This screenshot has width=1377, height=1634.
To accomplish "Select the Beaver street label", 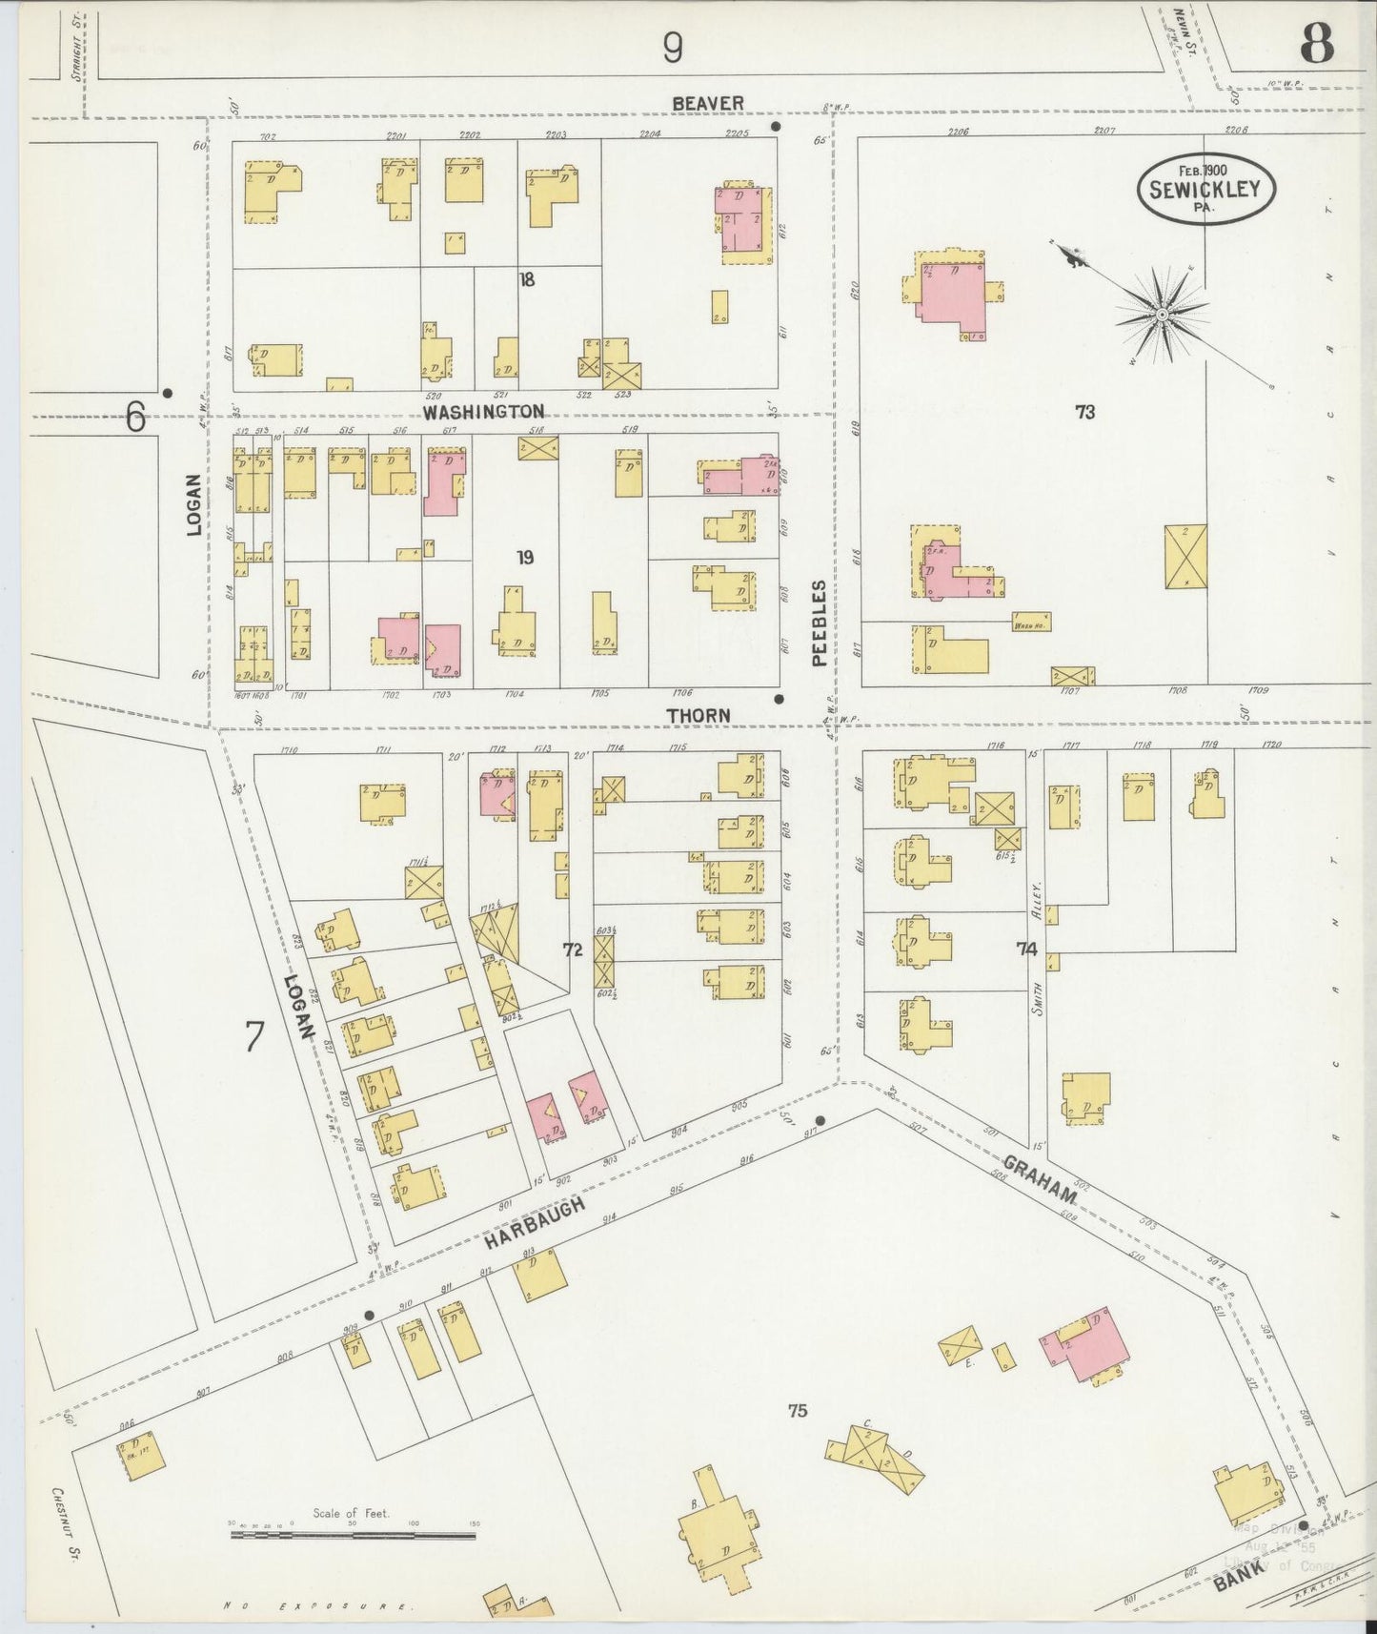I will (x=706, y=102).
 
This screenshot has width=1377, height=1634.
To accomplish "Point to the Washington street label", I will (x=484, y=411).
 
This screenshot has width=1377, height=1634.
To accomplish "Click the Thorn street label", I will (x=698, y=714).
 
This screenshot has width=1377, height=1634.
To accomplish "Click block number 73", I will (x=1084, y=412).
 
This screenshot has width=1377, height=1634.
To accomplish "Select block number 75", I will (x=798, y=1409).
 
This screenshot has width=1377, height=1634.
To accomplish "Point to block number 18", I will (x=527, y=279).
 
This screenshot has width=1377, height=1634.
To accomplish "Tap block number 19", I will (x=525, y=558).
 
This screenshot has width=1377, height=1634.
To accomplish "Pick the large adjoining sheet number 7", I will (x=253, y=1036).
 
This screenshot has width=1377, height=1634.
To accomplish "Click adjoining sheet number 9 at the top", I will (x=673, y=47).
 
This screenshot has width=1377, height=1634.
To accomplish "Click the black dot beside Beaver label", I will (x=777, y=126).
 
